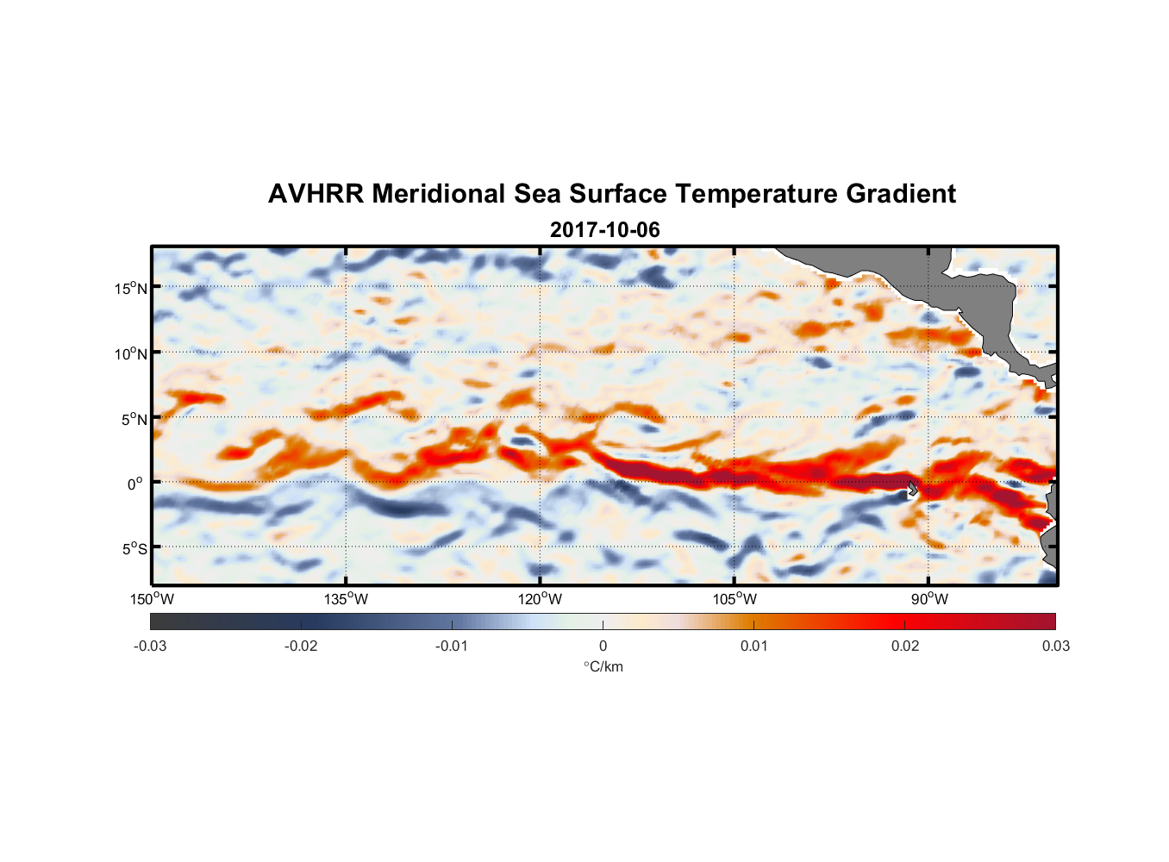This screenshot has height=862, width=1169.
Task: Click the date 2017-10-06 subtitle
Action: coord(604,230)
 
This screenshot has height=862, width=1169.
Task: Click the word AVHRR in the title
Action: coord(316,194)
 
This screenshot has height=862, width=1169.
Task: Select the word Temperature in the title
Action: coord(756,194)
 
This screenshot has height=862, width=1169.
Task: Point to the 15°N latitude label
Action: coord(130,288)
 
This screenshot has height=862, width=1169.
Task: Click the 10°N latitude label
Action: coord(130,353)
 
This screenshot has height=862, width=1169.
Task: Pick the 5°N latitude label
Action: coord(134,419)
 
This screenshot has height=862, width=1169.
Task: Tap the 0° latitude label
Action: coord(134,484)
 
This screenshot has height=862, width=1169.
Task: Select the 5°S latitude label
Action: coord(134,549)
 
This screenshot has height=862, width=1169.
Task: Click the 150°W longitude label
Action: coord(152,599)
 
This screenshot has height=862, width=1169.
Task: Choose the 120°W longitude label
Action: coord(540,599)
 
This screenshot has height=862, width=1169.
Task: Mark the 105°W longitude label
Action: coord(735,599)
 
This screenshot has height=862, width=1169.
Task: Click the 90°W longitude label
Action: coord(929,599)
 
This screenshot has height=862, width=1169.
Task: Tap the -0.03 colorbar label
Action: coord(150,646)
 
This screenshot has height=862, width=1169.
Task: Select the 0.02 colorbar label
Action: coord(905,646)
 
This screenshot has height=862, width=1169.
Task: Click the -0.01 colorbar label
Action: coord(452,646)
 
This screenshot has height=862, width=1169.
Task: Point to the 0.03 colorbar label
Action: coord(1055,646)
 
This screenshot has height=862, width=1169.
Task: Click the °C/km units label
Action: coord(603,666)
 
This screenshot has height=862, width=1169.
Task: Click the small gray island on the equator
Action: coord(912,489)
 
